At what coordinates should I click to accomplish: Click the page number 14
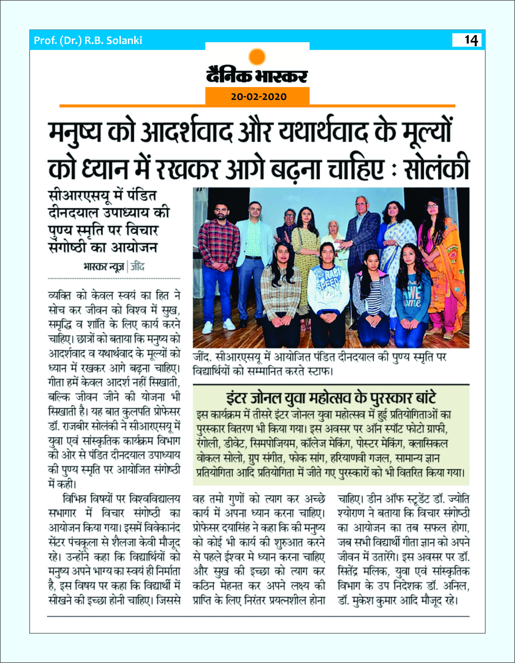(x=471, y=40)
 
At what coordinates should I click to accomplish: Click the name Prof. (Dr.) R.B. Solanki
(x=88, y=40)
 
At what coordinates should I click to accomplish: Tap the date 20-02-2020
(x=258, y=97)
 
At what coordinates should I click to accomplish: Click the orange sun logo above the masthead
(x=257, y=57)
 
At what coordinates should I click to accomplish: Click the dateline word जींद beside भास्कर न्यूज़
(x=137, y=267)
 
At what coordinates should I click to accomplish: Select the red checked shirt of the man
(x=218, y=243)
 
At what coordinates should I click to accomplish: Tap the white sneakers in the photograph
(x=218, y=325)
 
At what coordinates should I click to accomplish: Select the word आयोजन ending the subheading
(x=134, y=248)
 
